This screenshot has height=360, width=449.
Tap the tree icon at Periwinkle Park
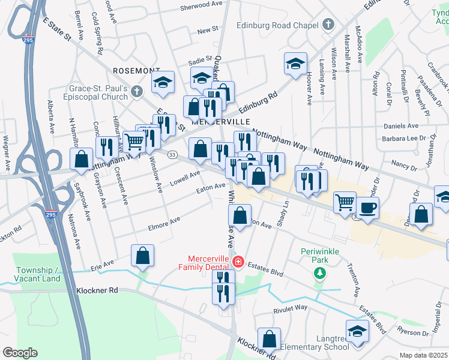click(x=321, y=274)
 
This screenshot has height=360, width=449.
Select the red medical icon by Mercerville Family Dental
click(x=238, y=262)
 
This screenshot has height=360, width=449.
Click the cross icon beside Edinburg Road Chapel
click(x=328, y=25)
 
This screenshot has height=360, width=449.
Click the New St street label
click(x=207, y=29)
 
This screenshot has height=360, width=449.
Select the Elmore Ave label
click(x=164, y=224)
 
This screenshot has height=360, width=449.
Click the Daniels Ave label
click(x=400, y=126)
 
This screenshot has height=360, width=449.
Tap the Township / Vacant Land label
click(x=38, y=274)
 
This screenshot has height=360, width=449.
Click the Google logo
click(x=20, y=353)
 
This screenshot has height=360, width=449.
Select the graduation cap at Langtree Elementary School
click(x=357, y=331)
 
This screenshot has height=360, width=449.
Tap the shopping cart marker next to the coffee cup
click(x=345, y=202)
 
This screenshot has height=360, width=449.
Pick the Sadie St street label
click(x=200, y=61)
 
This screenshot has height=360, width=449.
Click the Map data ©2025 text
click(x=423, y=355)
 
